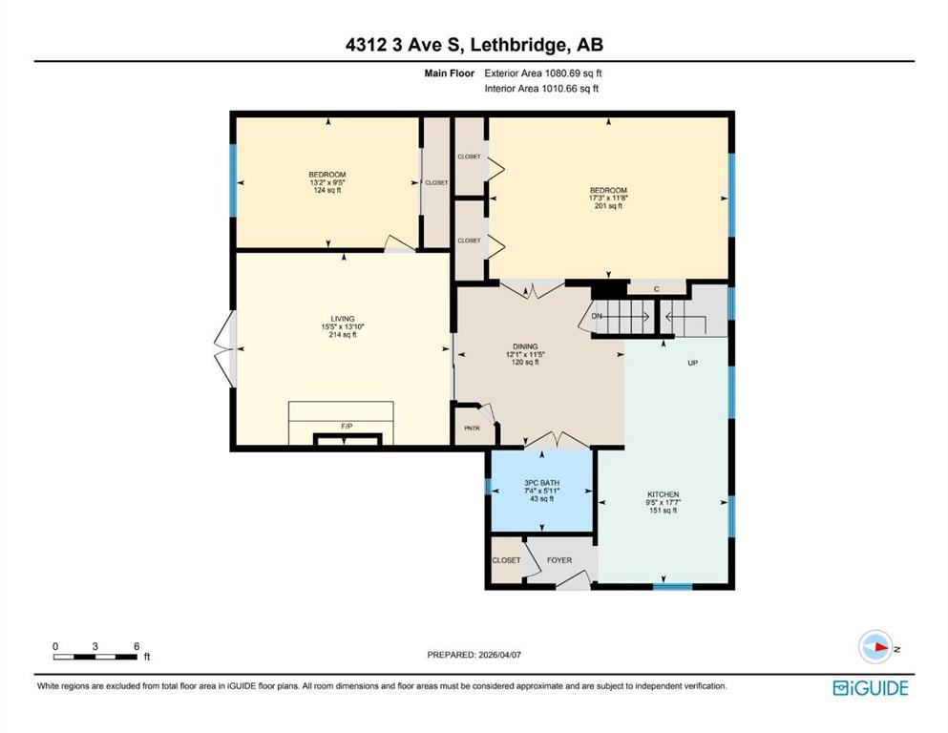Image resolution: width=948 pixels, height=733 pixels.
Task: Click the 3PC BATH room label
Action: [x=541, y=483]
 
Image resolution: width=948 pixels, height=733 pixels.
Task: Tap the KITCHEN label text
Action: [x=664, y=494]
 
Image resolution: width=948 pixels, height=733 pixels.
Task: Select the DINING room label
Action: [x=525, y=346]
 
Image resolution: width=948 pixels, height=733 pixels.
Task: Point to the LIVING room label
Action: [x=343, y=319]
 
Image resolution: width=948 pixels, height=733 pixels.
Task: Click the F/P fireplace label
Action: [x=347, y=426]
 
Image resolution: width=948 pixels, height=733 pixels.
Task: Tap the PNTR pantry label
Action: [x=472, y=429]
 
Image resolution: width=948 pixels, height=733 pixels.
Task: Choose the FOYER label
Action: [x=559, y=560]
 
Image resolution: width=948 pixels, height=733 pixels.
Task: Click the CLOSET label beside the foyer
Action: [x=506, y=560]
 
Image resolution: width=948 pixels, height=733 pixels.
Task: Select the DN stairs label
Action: [x=597, y=316]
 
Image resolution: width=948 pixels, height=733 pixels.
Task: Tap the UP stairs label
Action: [x=693, y=363]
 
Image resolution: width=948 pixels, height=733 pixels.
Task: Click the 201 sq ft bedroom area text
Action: [x=608, y=205]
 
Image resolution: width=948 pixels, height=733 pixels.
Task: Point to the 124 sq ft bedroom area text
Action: [x=327, y=190]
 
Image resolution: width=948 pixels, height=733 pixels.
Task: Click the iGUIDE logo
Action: [x=871, y=688]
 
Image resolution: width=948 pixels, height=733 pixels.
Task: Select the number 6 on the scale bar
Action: [x=137, y=646]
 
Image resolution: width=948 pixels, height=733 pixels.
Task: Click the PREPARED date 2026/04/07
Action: [x=499, y=655]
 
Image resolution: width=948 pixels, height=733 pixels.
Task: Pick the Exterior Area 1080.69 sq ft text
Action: [x=543, y=73]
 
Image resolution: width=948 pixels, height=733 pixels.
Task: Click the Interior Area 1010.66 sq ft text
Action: [x=541, y=88]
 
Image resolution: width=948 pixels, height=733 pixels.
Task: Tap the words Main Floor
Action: [x=450, y=73]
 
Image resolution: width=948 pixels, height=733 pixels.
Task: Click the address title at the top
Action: [x=474, y=45]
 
